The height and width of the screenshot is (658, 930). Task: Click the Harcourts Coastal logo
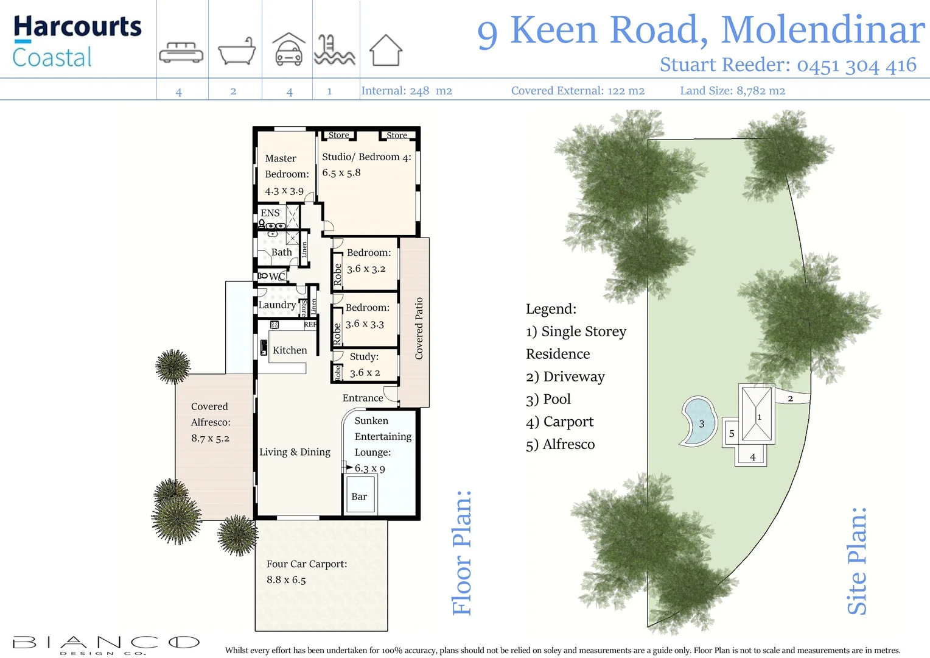tap(77, 41)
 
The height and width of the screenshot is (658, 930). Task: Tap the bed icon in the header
tap(181, 52)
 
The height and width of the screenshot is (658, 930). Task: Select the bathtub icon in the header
tap(236, 51)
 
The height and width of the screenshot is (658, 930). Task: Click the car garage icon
tap(288, 50)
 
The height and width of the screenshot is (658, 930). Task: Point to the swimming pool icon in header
tap(334, 50)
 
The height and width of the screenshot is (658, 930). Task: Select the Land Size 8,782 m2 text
tap(732, 91)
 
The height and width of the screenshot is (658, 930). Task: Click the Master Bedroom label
tap(286, 166)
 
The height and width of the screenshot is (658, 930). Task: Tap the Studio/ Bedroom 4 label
tap(366, 157)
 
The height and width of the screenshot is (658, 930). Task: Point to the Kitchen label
tap(290, 350)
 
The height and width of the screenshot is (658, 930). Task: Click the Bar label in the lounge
tap(359, 497)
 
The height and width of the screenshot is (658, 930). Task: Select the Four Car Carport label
tap(307, 564)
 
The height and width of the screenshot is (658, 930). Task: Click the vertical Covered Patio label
tap(419, 328)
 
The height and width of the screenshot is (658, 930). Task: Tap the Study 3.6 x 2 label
tap(365, 364)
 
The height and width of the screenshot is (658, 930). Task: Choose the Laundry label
tap(277, 305)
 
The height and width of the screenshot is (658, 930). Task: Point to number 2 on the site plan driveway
tap(790, 398)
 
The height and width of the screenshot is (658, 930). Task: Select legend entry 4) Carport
tap(559, 422)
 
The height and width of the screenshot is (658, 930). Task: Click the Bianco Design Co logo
tap(106, 644)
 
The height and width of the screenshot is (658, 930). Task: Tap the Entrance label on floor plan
tap(363, 398)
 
